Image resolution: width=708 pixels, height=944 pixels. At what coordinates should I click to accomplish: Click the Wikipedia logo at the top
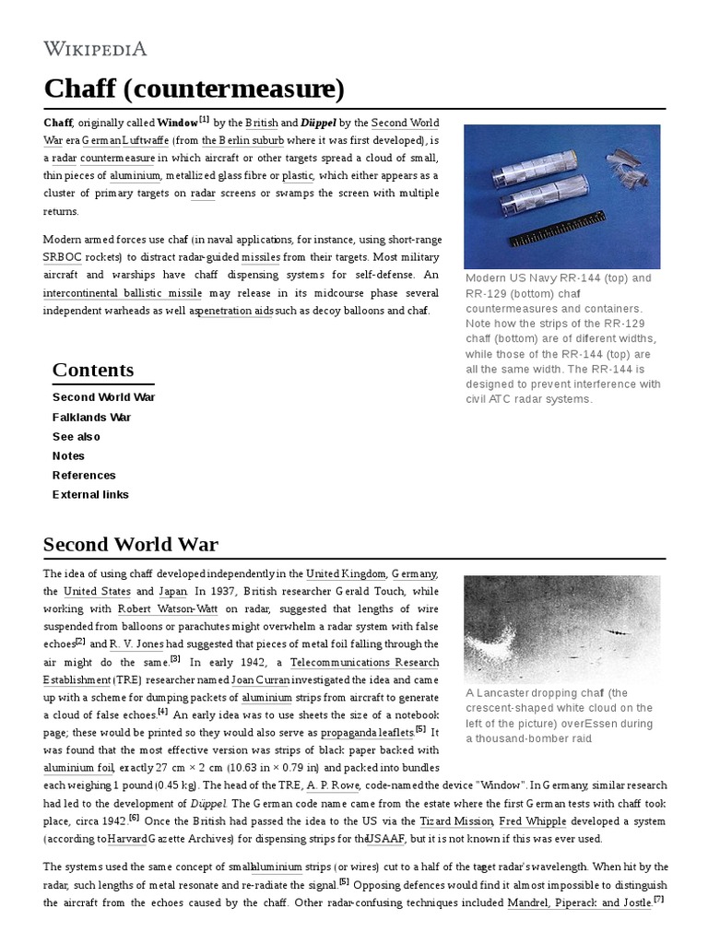tap(95, 48)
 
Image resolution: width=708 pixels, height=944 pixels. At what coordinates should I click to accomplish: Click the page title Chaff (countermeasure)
tap(194, 89)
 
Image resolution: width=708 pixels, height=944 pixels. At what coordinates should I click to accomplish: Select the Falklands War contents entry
tap(91, 417)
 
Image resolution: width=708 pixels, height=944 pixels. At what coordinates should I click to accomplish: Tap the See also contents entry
tap(77, 436)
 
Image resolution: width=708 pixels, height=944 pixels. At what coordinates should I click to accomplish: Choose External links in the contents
tap(90, 494)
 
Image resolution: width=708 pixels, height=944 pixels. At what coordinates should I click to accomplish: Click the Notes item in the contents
tap(68, 455)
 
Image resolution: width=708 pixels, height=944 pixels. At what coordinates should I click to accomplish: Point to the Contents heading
tap(92, 370)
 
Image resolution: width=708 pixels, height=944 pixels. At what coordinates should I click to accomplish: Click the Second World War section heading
tap(131, 543)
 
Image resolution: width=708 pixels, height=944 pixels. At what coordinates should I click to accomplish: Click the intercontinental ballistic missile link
tap(123, 292)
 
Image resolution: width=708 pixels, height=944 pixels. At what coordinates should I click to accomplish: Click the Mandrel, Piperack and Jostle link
tap(578, 903)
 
